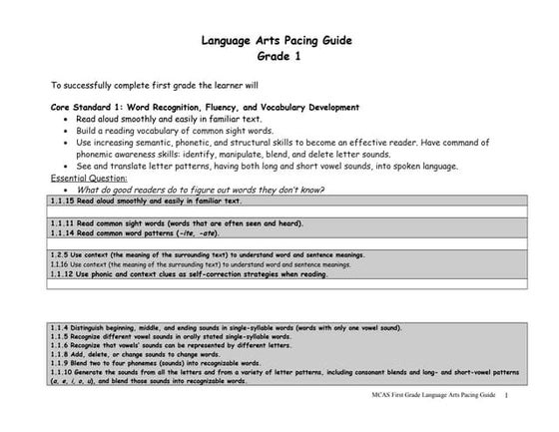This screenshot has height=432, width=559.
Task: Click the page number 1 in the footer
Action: pos(507,396)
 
